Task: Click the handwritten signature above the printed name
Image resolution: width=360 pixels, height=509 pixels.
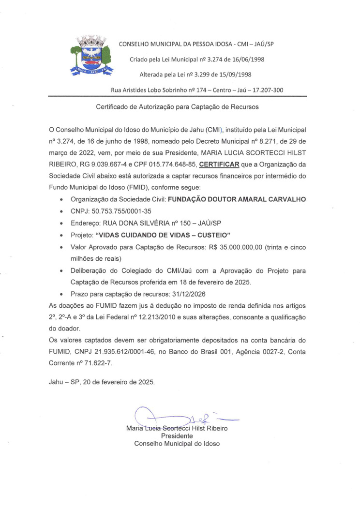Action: (x=179, y=417)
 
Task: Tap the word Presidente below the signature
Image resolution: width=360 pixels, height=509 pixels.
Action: (x=177, y=436)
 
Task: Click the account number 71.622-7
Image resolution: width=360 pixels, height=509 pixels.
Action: (x=99, y=362)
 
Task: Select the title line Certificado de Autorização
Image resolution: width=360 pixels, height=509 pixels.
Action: (x=177, y=106)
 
